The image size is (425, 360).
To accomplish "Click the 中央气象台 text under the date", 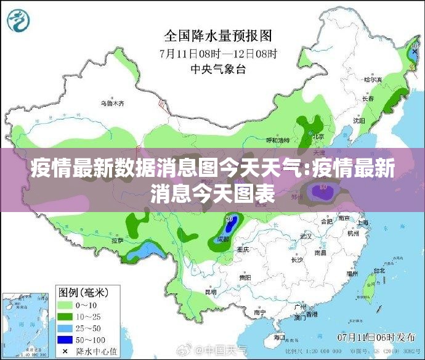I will [218, 69].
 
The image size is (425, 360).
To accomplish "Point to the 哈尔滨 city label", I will [373, 80].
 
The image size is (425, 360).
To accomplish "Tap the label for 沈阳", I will [359, 121].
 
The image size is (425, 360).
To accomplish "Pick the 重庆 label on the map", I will [243, 250].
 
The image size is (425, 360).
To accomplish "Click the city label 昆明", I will [211, 292].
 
